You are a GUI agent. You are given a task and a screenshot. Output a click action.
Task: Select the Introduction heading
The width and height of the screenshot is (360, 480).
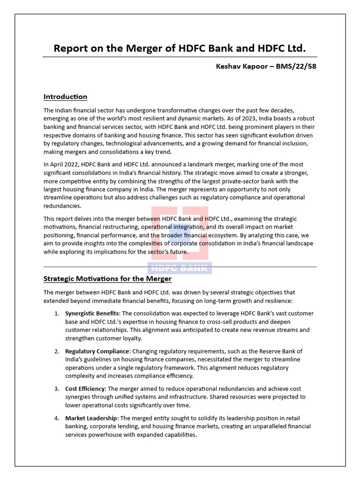(65, 97)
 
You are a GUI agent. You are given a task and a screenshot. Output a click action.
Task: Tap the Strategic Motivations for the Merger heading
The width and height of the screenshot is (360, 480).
(107, 279)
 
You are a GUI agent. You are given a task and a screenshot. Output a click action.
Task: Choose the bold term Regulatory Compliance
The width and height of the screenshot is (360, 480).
(97, 351)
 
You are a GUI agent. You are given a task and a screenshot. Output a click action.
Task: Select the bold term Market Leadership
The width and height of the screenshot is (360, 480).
(91, 418)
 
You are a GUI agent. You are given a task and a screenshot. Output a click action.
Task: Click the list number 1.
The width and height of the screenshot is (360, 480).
(56, 313)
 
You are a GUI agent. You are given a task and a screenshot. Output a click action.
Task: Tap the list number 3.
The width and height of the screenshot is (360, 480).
(56, 389)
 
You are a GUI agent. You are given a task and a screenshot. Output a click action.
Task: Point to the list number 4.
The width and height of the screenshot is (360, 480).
(56, 418)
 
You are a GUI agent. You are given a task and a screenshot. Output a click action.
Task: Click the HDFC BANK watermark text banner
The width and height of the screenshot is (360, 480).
(180, 268)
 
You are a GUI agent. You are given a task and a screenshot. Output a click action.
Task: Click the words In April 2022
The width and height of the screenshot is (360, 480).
(62, 165)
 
